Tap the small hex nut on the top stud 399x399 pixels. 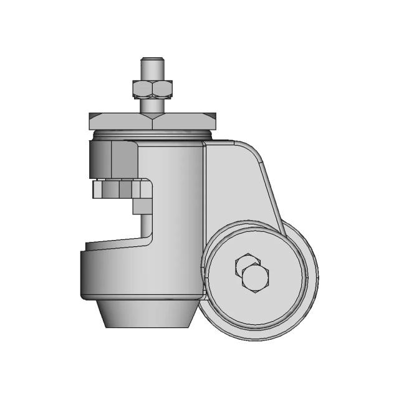coord(151,89)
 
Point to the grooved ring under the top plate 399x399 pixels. coord(153,134)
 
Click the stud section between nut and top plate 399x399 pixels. coord(151,104)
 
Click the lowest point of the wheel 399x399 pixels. coord(259,339)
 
